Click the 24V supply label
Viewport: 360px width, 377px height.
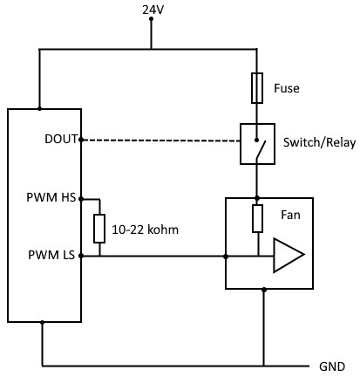(x=153, y=10)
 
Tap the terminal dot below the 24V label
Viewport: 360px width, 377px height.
(x=151, y=19)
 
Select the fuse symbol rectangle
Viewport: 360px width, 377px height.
(x=257, y=88)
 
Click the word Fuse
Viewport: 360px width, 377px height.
(x=287, y=88)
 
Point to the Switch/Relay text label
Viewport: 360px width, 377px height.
(x=319, y=142)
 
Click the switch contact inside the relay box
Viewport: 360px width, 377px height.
(x=261, y=149)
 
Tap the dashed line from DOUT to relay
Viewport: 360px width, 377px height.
(x=160, y=141)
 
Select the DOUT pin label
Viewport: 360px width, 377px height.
(x=61, y=139)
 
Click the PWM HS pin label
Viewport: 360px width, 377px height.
(x=51, y=197)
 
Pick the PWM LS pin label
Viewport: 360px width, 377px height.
(x=51, y=255)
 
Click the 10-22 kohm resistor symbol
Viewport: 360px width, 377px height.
(x=99, y=229)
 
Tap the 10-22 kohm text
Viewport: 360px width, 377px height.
(x=145, y=230)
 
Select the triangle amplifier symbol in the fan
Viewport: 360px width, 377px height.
(x=289, y=255)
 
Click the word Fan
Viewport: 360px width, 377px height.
(x=290, y=215)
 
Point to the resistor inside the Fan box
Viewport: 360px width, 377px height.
(x=257, y=218)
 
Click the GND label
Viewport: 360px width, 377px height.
(x=332, y=367)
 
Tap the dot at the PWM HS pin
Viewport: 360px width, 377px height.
(x=81, y=199)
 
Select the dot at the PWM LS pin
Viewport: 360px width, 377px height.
(x=81, y=256)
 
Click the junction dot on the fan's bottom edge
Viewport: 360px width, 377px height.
(x=264, y=290)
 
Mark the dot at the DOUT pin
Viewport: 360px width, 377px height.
(x=81, y=141)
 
